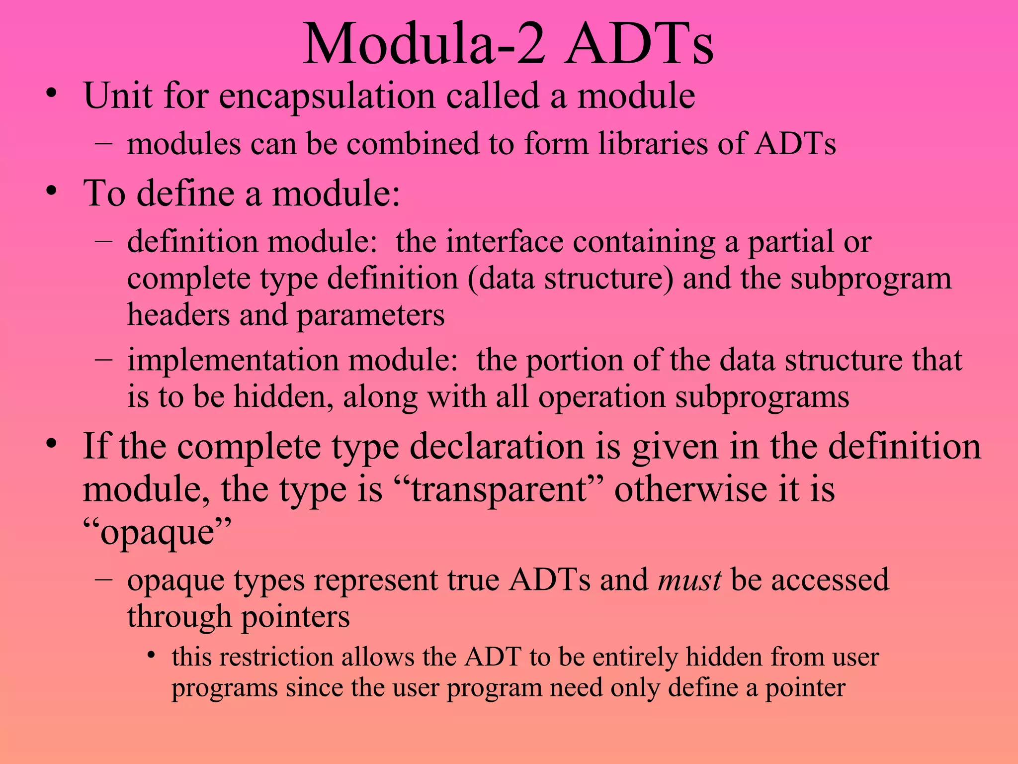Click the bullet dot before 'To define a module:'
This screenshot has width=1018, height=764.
(51, 191)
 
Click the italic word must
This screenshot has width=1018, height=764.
(689, 580)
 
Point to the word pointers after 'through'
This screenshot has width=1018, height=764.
(295, 617)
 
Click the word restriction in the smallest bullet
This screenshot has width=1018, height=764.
(276, 657)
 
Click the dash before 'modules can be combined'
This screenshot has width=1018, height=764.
(103, 143)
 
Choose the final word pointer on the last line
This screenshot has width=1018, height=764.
(805, 688)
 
